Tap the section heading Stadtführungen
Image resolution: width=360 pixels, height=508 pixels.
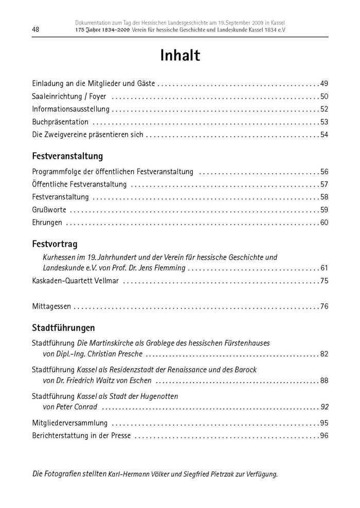tap(63, 328)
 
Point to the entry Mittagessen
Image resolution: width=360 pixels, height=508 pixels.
tap(51, 307)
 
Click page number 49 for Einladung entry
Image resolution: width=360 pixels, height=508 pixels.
tap(323, 84)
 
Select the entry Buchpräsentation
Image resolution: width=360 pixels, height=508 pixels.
tap(60, 122)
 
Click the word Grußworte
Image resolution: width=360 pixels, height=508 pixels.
tap(49, 210)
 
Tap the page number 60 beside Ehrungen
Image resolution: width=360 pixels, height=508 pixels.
tap(323, 223)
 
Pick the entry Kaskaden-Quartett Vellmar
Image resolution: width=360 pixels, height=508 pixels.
tap(76, 281)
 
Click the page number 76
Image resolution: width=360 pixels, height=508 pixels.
tap(323, 307)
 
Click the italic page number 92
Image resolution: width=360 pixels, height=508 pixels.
tap(323, 407)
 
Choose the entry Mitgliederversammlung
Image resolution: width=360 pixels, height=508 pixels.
tap(69, 424)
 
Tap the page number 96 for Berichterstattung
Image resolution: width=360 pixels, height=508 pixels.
tap(323, 437)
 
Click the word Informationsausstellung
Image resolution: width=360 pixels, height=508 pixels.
tap(70, 110)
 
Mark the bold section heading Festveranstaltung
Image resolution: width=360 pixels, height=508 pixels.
tap(67, 156)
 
